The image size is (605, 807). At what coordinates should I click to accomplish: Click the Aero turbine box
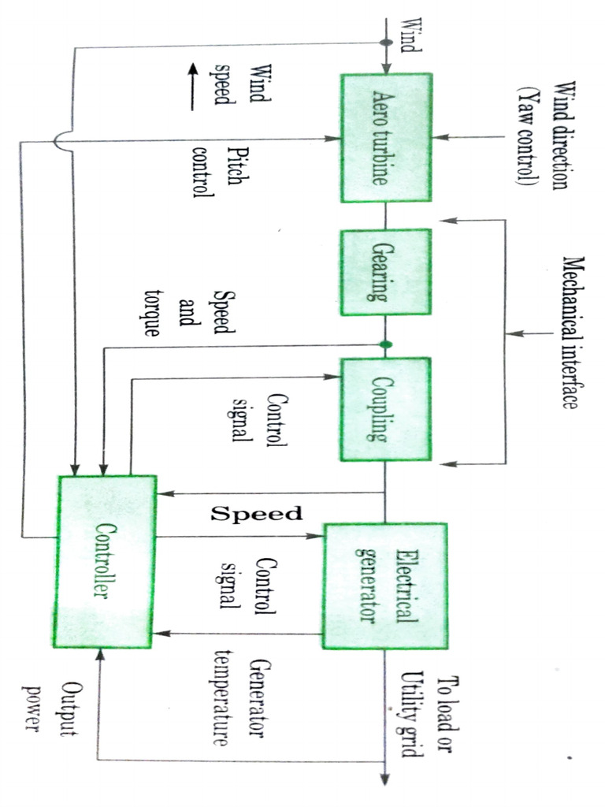pos(386,139)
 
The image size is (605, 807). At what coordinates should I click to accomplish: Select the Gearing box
pos(386,272)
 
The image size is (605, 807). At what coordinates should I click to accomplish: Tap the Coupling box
pos(385,410)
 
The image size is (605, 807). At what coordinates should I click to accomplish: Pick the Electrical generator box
pos(385,586)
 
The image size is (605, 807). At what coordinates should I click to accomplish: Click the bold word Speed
pos(256,514)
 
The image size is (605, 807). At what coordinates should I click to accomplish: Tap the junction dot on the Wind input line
pos(386,43)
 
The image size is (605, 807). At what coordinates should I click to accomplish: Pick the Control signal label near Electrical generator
pos(246,584)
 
